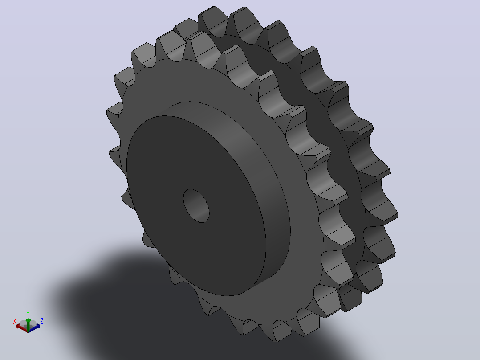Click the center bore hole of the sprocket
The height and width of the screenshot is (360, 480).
(196, 205)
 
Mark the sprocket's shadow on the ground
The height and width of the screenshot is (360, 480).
(171, 310)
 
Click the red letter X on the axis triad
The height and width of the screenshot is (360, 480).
(14, 321)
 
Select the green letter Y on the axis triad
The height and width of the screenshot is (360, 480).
(28, 313)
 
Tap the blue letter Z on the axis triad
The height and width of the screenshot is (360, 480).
(42, 321)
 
